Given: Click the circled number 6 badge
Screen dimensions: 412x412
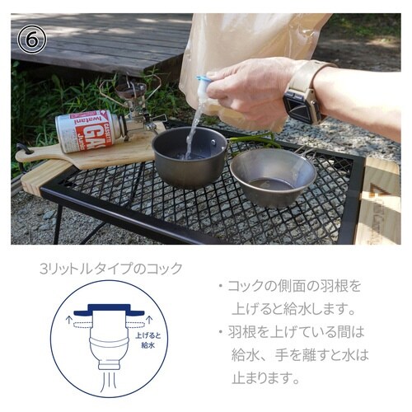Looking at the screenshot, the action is pos(32,40).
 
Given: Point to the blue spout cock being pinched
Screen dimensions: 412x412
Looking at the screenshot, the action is pos(204,85).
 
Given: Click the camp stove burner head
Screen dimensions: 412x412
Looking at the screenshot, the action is pos(130,89).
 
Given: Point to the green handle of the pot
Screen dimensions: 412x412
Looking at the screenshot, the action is pos(251,139).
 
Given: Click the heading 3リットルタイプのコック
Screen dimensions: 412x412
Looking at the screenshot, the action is pos(111,269).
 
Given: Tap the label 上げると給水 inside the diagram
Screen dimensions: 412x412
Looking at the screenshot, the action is pos(148,340).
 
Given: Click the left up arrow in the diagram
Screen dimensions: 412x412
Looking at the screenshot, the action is pos(68,320).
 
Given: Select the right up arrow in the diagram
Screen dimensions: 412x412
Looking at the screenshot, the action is pos(150,320).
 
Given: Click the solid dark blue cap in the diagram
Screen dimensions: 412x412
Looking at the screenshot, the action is pos(109,309).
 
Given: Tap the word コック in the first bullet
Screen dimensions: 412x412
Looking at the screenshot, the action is pos(246,286).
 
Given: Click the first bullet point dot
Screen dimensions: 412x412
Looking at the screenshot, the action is pos(220,287).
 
